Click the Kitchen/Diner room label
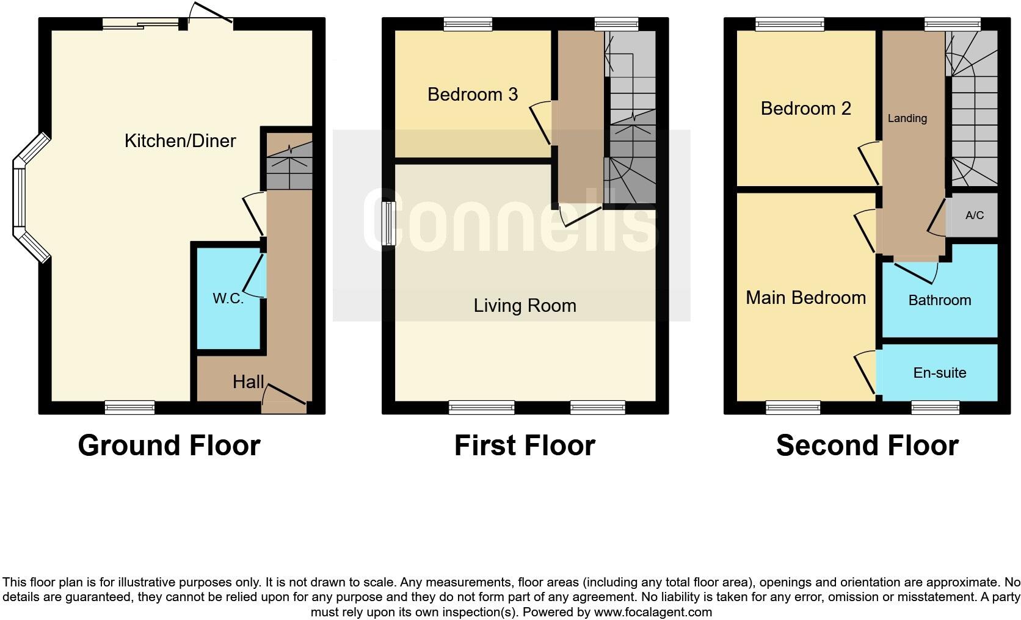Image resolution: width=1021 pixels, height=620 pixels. point(180,141)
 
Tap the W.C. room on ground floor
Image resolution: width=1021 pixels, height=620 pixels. point(228,298)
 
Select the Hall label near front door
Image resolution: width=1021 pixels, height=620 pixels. point(249,382)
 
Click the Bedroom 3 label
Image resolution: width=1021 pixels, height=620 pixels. point(473,95)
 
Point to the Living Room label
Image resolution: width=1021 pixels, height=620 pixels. point(525,305)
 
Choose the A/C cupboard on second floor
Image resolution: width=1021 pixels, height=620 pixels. point(975,215)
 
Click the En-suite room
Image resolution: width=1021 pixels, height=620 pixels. point(939,372)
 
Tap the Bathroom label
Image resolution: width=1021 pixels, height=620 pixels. point(939,300)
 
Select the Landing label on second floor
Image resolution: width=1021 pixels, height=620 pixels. point(907,118)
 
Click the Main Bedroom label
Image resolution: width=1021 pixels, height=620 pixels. point(805,297)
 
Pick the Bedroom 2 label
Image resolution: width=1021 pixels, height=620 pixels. point(805,109)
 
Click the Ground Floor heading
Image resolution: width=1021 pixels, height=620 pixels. point(169,445)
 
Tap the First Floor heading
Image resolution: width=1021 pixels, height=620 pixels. point(525,445)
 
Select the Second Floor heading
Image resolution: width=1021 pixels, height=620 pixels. point(867,445)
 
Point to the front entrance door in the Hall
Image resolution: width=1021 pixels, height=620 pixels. point(284,403)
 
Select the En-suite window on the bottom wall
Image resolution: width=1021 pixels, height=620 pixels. point(935,408)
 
